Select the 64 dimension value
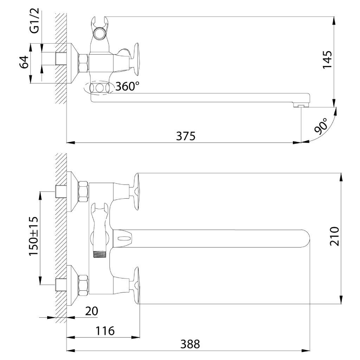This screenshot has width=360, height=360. [24, 62]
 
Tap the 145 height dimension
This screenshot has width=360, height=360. [327, 59]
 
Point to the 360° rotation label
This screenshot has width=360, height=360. [127, 86]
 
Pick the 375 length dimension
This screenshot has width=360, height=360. [186, 136]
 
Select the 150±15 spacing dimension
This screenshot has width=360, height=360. [33, 236]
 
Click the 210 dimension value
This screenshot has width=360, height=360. [334, 236]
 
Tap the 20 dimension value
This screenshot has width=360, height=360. [92, 311]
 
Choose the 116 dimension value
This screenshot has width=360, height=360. [105, 331]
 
